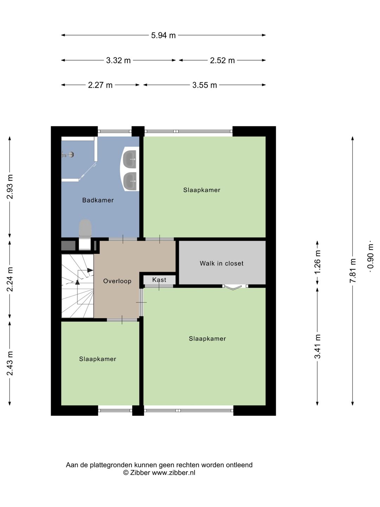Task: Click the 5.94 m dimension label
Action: [x=163, y=35]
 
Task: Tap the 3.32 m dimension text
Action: [x=118, y=61]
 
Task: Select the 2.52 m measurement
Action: [x=222, y=61]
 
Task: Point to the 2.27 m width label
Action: [x=100, y=85]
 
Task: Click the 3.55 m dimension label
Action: [x=205, y=85]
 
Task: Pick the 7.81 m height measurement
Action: [x=353, y=270]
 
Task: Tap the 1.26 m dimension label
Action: [x=317, y=262]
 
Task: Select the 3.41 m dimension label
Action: [x=317, y=346]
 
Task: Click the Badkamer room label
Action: [x=98, y=200]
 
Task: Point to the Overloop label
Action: [x=117, y=281]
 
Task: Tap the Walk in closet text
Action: [x=222, y=263]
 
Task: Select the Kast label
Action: [x=159, y=280]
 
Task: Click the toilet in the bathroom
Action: [x=85, y=234]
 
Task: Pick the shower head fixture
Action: [x=68, y=155]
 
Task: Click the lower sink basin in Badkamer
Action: [x=129, y=181]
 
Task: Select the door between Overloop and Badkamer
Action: [x=123, y=239]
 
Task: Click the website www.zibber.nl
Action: [x=173, y=473]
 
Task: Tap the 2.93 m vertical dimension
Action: [x=10, y=187]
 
